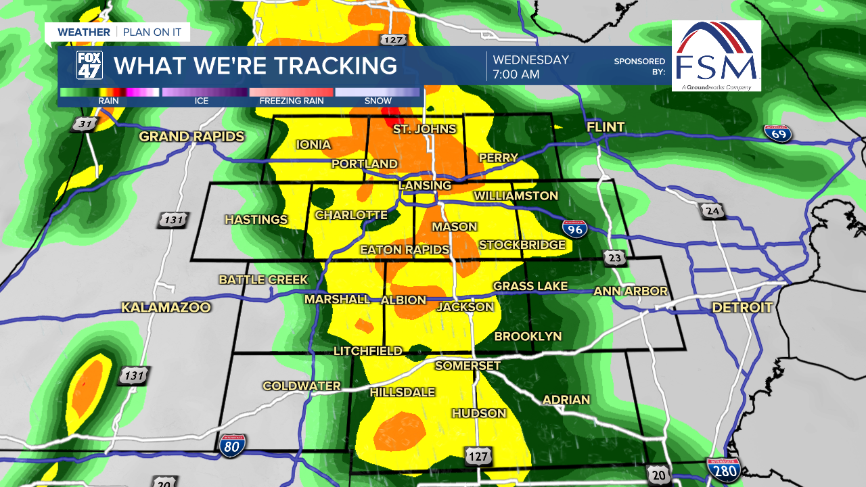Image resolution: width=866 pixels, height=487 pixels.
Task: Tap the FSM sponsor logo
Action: [716, 56]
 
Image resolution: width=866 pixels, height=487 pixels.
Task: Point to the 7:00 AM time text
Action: [516, 74]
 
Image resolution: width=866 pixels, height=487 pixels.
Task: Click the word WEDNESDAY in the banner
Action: [530, 60]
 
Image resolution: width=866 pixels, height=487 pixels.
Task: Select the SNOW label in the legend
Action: [378, 101]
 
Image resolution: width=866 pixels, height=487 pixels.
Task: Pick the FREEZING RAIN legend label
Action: [292, 101]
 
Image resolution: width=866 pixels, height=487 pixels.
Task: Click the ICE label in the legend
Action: [202, 101]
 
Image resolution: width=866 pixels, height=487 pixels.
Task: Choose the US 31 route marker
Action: [85, 124]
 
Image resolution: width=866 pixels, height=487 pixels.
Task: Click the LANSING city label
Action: [425, 185]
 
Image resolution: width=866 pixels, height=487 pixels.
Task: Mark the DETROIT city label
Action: [742, 308]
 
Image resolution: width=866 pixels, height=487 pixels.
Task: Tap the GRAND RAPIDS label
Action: [191, 137]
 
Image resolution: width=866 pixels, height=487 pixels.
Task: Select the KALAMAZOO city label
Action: [166, 308]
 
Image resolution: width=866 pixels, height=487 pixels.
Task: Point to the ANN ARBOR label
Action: [631, 292]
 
